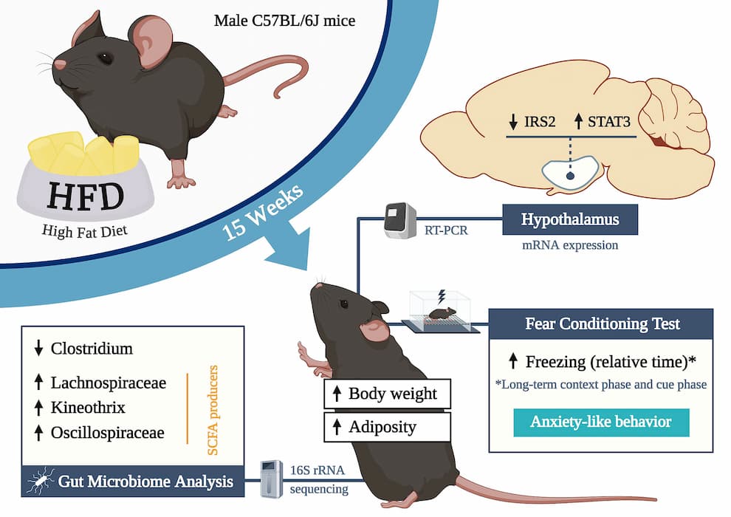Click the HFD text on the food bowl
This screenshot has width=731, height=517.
click(86, 196)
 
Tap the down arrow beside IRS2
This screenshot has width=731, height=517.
click(513, 122)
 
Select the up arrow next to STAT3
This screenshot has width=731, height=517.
click(578, 121)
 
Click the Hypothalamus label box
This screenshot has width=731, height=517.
click(570, 219)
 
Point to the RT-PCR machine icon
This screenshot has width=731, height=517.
click(399, 221)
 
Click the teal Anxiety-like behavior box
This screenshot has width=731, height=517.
click(601, 422)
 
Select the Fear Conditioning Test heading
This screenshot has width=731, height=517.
click(603, 323)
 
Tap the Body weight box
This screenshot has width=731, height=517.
click(388, 394)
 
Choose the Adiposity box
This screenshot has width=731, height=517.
click(388, 427)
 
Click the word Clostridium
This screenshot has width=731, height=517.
click(92, 349)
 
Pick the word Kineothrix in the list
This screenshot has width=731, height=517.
click(88, 408)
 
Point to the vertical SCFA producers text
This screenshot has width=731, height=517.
click(212, 410)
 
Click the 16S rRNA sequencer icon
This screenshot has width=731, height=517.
click(271, 479)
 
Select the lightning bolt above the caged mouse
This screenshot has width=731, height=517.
click(441, 296)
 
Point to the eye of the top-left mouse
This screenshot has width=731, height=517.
click(106, 58)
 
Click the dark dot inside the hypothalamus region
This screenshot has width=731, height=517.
click(570, 176)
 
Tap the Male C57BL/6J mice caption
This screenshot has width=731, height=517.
click(284, 21)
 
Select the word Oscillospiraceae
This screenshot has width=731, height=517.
click(108, 433)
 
